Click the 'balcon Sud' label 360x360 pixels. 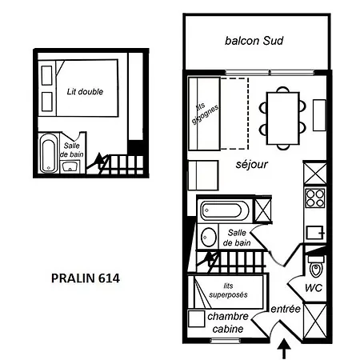coord(254,41)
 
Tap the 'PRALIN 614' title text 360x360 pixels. coord(86,278)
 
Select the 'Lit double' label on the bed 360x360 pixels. coord(85,92)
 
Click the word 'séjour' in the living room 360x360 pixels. coord(251,164)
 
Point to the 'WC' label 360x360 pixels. coord(314,288)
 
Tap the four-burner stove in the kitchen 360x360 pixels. coord(315,198)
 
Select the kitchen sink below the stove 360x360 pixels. coord(315,233)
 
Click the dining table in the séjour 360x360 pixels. coord(283,118)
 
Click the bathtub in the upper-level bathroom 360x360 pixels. coord(49,153)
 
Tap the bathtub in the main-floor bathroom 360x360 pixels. coord(225,210)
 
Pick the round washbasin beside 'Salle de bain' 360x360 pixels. coord(208,237)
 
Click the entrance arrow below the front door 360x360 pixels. coord(284,349)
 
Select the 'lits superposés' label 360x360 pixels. coord(228,290)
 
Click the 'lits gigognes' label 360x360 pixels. coord(205,114)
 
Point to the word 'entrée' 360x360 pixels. coord(286,309)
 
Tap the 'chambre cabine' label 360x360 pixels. coord(228,322)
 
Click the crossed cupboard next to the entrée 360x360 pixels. coord(315,322)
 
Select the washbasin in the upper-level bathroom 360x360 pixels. coord(70,166)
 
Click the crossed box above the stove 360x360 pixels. coord(315,174)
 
